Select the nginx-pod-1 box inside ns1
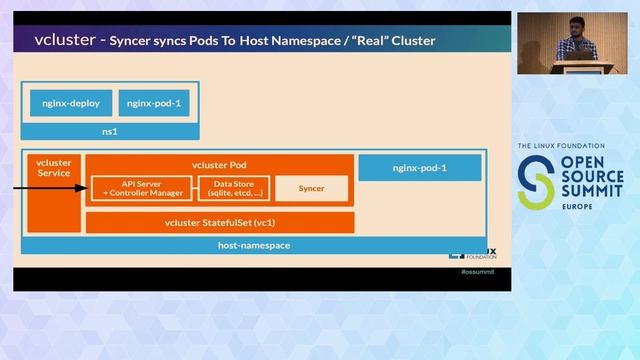coord(154,102)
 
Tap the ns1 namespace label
coord(110,130)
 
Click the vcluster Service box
coord(53,168)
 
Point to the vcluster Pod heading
coord(218,165)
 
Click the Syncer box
coord(309,188)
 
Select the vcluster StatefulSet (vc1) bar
coord(219,221)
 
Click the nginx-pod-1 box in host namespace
coord(419,168)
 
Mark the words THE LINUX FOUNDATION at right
coord(566,147)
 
